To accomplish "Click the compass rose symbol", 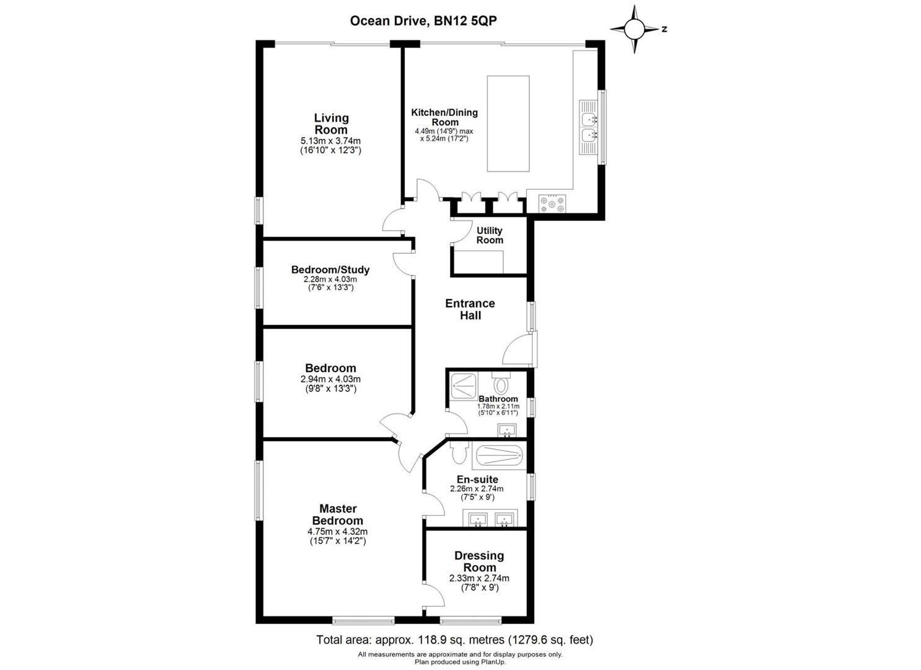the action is tap(635, 29).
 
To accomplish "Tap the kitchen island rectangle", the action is tap(508, 123).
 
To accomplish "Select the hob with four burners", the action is tap(552, 203).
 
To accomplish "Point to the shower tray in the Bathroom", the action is tap(464, 386).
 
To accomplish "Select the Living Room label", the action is tap(332, 123).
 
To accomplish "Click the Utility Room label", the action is tap(489, 235).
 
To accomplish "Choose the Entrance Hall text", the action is tap(470, 309).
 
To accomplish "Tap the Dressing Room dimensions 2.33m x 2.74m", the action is tap(479, 578).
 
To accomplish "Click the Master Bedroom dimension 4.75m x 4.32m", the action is tap(338, 531).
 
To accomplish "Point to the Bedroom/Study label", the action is tap(330, 270).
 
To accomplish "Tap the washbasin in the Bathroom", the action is tap(508, 430).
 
